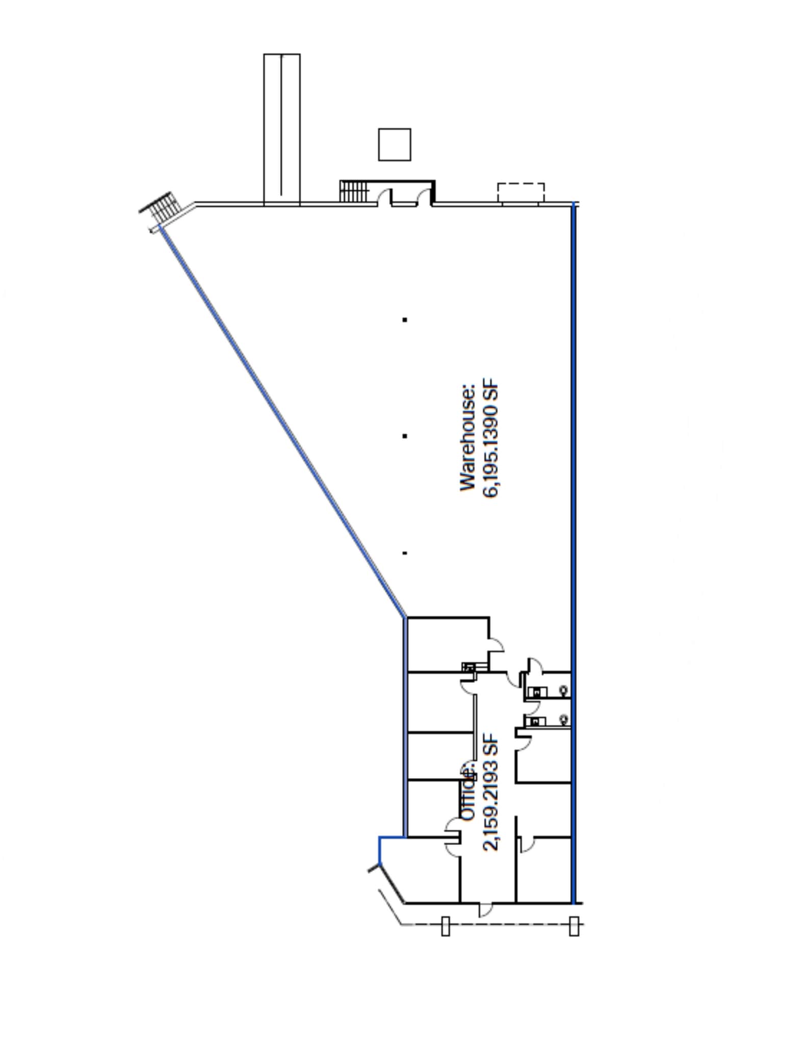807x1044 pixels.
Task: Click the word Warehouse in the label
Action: pos(468,437)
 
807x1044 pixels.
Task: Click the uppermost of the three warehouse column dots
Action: pos(405,320)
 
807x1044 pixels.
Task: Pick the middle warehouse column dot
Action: pos(405,436)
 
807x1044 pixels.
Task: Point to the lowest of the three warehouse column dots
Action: pos(405,553)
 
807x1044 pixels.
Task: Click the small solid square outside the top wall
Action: pos(394,144)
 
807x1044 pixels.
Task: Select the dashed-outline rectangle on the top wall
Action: pos(520,193)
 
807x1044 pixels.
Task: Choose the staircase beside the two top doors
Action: pos(353,191)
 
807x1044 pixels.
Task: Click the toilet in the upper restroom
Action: pos(563,691)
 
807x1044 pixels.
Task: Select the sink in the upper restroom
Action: pos(536,692)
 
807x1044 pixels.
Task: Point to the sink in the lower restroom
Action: pos(536,721)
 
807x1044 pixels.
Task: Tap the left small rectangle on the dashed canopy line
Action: pos(445,926)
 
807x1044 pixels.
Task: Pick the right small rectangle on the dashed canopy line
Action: pos(574,926)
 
